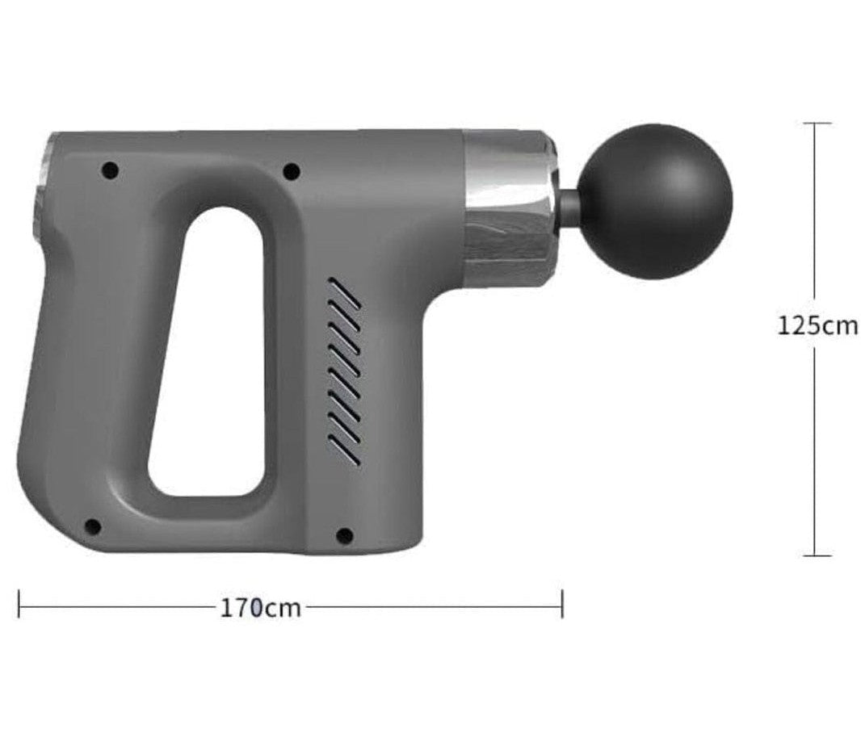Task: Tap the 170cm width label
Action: (260, 607)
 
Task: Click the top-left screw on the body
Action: (110, 170)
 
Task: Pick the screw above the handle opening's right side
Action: (292, 171)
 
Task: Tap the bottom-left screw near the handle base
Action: (92, 526)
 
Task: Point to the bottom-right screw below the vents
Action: (344, 535)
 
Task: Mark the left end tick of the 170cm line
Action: (19, 604)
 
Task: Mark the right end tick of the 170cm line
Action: (562, 604)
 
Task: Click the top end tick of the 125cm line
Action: (817, 124)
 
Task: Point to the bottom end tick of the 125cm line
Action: (817, 555)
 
